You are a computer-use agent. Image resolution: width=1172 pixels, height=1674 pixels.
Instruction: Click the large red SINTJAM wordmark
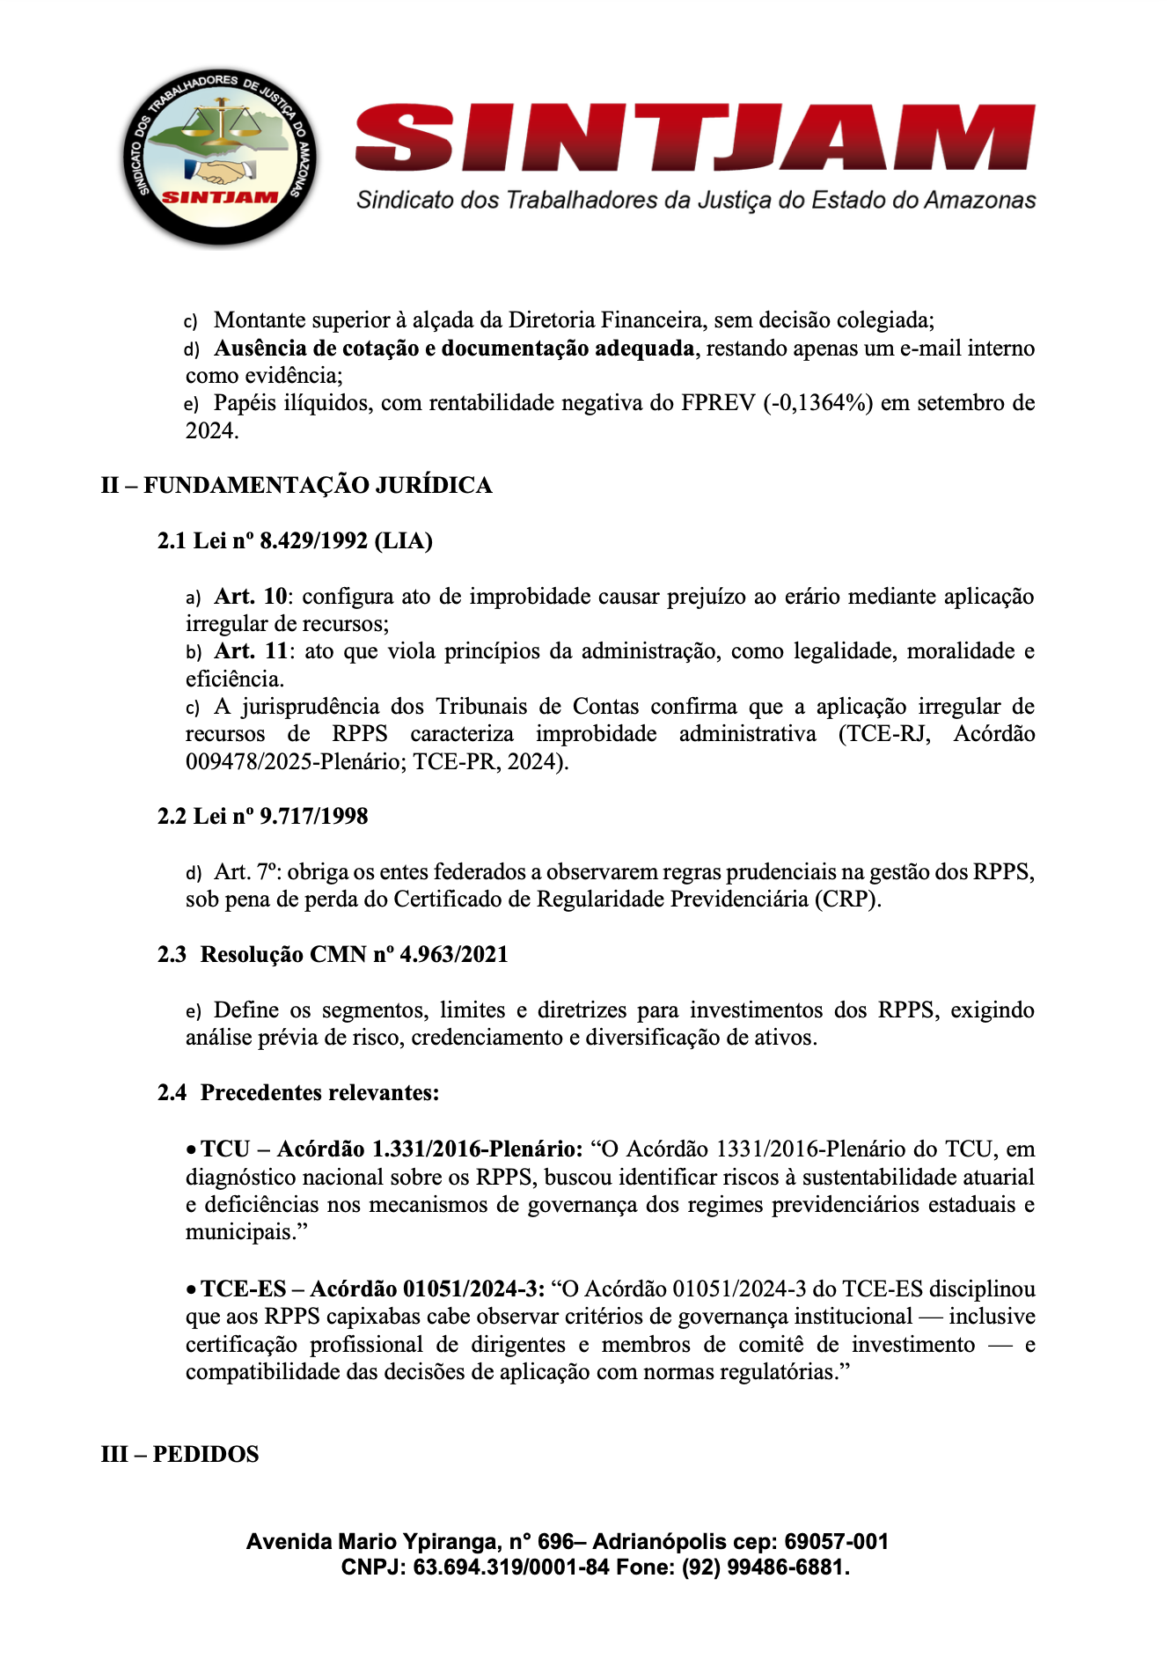(695, 138)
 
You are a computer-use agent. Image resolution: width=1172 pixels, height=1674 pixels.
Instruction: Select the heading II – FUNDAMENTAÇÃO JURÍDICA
(297, 486)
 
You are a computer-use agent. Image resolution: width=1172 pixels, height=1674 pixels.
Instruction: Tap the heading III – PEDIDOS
(180, 1454)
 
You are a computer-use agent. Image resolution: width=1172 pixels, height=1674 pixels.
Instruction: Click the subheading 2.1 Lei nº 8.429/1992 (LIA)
(295, 541)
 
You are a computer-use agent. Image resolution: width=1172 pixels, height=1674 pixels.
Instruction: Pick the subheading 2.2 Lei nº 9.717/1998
(262, 817)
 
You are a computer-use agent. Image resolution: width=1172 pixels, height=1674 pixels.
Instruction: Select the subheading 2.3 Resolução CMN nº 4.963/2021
(333, 955)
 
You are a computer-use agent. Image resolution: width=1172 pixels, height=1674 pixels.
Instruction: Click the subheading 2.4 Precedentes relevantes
(298, 1093)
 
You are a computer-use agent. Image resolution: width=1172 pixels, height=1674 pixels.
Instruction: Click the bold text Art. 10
(251, 597)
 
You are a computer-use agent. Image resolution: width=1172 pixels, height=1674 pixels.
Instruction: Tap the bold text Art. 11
(251, 651)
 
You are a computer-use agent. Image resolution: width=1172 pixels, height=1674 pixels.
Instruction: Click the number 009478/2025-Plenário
(294, 762)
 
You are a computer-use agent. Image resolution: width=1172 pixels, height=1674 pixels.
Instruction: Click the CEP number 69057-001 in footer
(836, 1542)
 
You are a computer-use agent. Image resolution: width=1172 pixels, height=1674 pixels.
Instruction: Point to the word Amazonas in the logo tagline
(979, 201)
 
